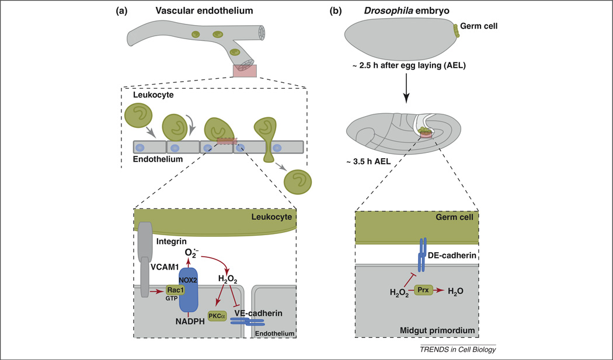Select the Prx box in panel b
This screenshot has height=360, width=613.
click(425, 289)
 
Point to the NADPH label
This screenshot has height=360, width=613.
click(188, 321)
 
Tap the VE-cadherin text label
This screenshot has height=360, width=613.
click(259, 313)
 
